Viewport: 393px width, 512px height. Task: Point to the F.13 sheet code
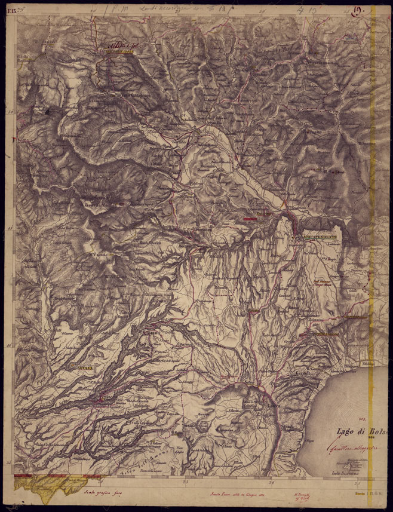click(10, 8)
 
